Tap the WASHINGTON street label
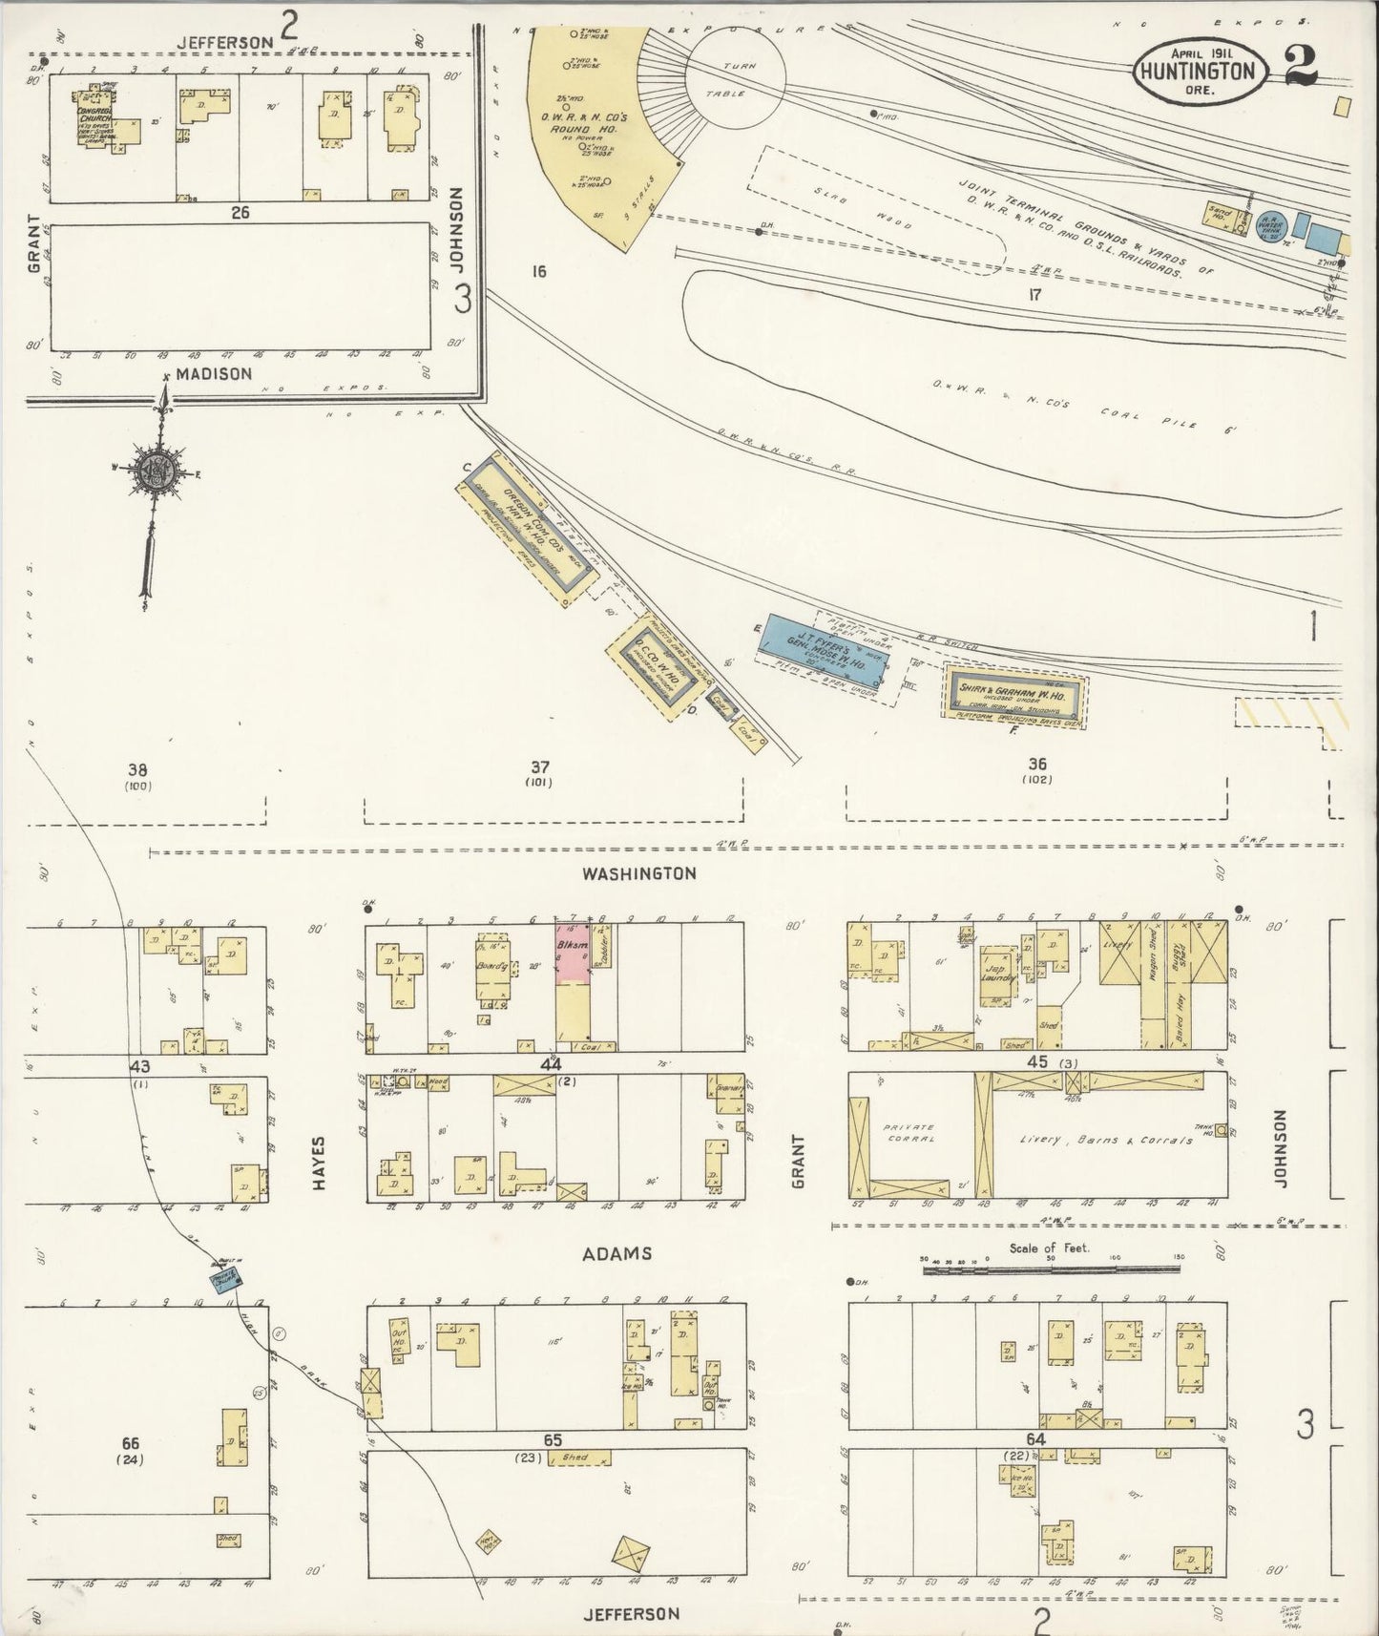coord(639,873)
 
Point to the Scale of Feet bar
coord(1050,1270)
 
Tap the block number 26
coord(240,213)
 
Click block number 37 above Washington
coord(540,766)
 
